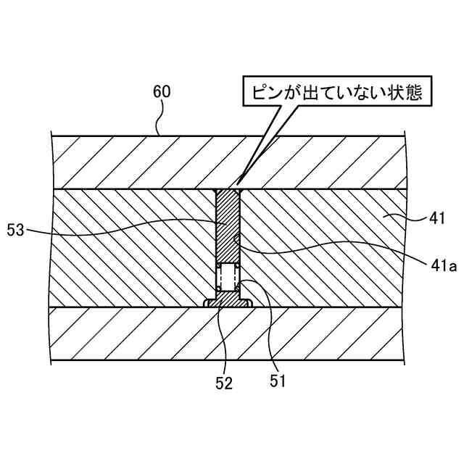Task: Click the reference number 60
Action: pyautogui.click(x=161, y=93)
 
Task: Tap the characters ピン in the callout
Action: pyautogui.click(x=264, y=94)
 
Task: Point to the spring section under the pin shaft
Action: pyautogui.click(x=229, y=276)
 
